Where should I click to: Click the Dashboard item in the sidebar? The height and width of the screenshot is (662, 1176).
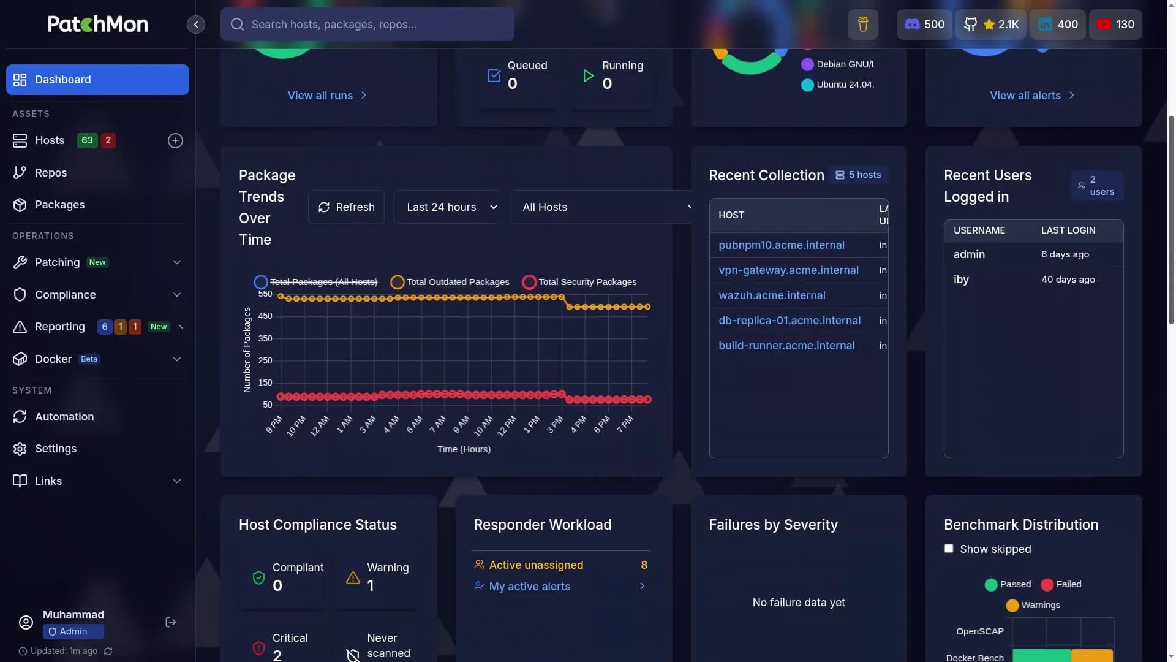(97, 80)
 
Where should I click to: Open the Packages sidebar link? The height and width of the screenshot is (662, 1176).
(59, 205)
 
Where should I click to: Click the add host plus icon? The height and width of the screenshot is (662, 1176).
(175, 141)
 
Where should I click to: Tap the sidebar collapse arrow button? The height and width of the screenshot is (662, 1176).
(196, 25)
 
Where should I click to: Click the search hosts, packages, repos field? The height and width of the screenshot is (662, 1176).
(367, 25)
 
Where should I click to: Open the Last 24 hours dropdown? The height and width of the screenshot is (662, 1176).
(447, 207)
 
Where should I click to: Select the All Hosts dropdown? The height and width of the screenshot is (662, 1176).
(603, 207)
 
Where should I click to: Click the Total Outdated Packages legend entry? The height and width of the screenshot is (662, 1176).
(450, 282)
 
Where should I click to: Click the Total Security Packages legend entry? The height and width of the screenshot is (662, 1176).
(579, 282)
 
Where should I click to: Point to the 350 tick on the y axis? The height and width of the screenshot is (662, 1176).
(265, 338)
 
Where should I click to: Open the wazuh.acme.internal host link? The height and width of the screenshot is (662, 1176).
(772, 295)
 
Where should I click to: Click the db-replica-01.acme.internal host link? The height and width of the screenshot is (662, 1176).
(790, 321)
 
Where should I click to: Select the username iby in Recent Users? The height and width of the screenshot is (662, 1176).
(961, 280)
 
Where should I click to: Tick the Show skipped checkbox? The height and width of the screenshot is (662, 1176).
(949, 549)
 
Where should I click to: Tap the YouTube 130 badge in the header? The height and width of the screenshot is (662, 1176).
(1115, 25)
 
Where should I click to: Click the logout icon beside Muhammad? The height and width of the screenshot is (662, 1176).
(171, 622)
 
